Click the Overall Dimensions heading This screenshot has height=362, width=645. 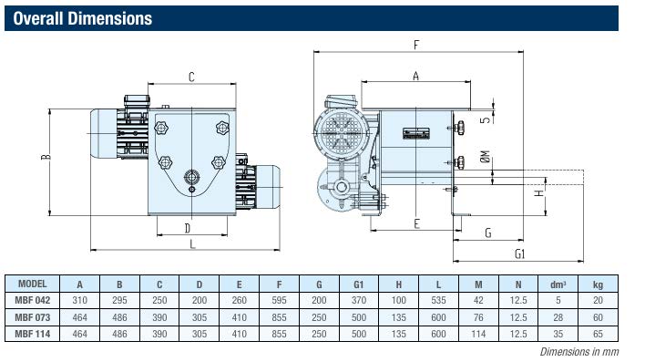click(x=83, y=18)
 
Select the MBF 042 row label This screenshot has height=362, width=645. click(x=33, y=300)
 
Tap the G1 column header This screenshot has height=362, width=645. click(x=359, y=284)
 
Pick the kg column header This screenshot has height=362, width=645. click(x=598, y=284)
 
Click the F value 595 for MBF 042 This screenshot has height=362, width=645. click(x=279, y=300)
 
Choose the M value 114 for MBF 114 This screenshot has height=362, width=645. click(x=478, y=334)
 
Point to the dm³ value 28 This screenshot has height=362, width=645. click(x=558, y=317)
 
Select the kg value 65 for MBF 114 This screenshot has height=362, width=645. click(x=598, y=334)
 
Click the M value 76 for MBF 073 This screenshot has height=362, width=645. click(x=478, y=317)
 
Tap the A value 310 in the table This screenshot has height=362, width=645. click(x=80, y=300)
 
